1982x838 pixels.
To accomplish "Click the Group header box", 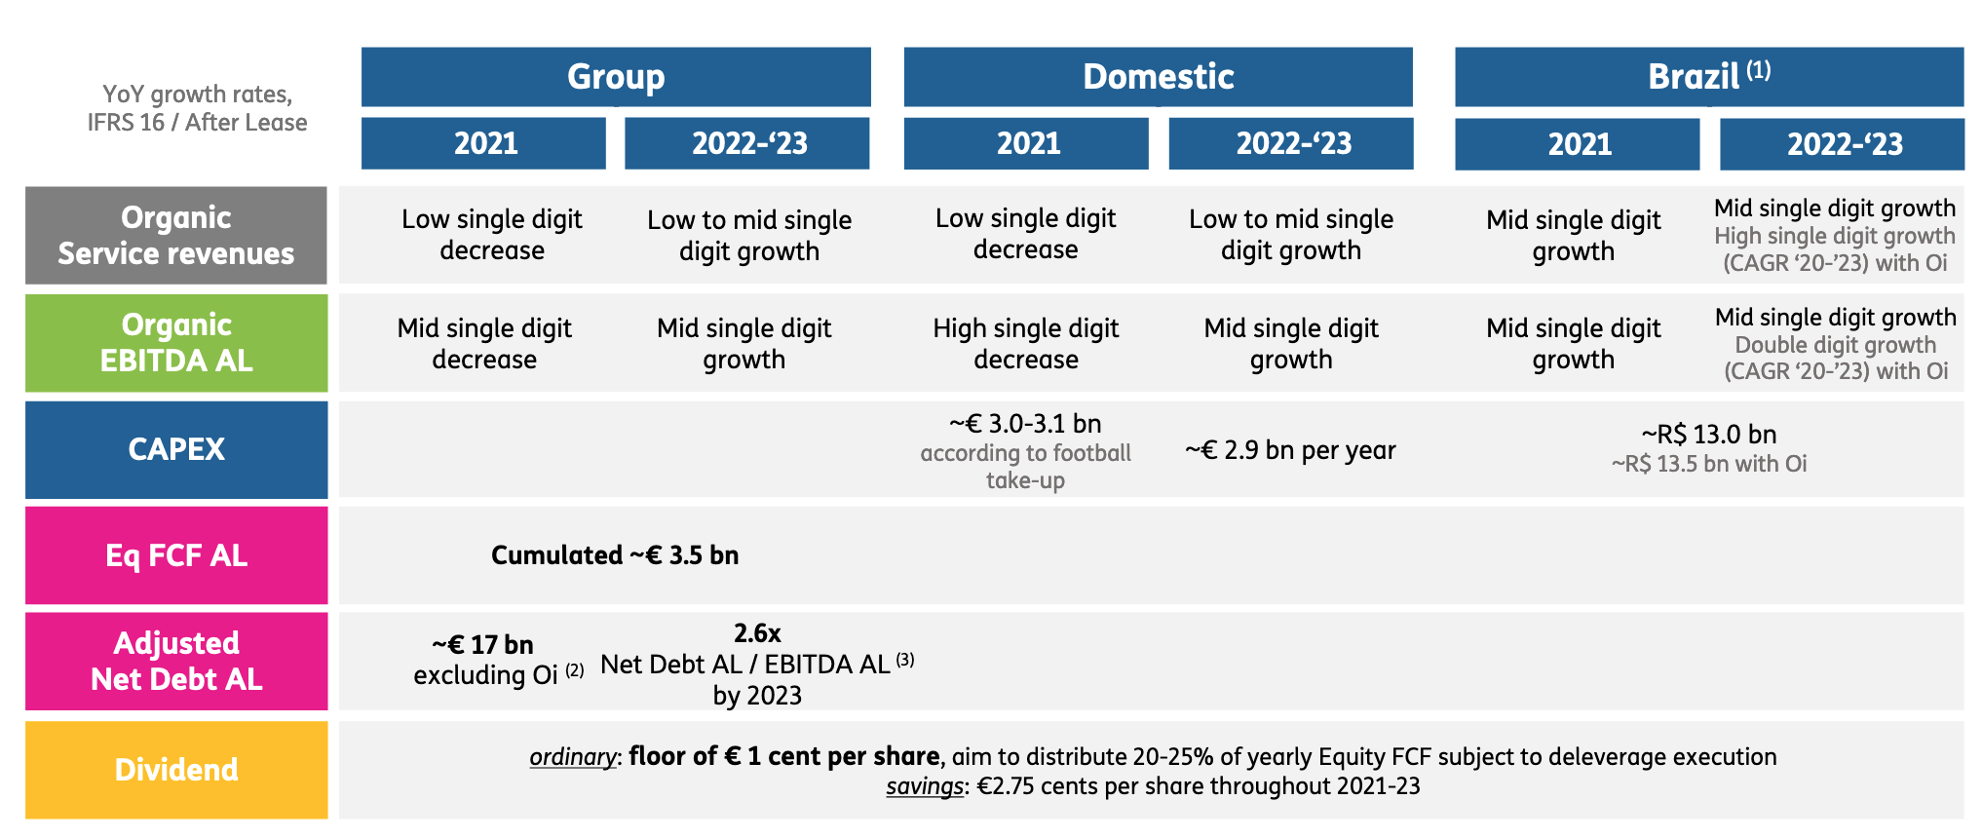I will [x=616, y=77].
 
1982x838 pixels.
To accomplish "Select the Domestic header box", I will [x=1158, y=77].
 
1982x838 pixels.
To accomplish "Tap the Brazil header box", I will [x=1709, y=77].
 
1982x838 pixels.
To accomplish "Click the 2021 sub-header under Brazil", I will [x=1578, y=144].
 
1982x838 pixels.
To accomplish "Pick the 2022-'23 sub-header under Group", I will [x=747, y=144].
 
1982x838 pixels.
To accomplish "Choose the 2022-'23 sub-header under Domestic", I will [x=1291, y=144].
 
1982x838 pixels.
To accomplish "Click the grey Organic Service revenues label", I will [x=176, y=236].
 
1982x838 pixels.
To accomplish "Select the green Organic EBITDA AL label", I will [x=176, y=343].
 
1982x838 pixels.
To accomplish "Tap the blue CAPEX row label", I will [x=176, y=449].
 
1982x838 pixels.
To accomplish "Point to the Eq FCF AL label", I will [x=176, y=555].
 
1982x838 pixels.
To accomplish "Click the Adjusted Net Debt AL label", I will [x=176, y=662].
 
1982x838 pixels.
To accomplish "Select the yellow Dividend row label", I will [x=176, y=770].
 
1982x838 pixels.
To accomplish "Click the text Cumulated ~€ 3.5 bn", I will [x=615, y=555].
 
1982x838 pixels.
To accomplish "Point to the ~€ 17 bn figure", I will [x=483, y=645].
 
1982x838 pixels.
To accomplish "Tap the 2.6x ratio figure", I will [x=757, y=633].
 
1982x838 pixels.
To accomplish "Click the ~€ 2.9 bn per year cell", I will [x=1290, y=450].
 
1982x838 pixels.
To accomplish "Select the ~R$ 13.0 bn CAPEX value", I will [x=1709, y=435].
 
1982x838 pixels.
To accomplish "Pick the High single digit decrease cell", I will [x=1026, y=344].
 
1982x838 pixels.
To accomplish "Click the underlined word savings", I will [x=924, y=786].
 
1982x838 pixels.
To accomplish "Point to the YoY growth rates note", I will [x=197, y=108].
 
